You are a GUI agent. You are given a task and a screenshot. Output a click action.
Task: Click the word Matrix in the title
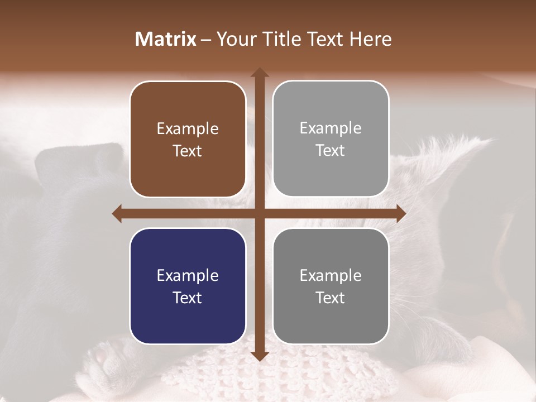point(166,39)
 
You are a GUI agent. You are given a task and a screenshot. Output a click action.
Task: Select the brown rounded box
point(188,139)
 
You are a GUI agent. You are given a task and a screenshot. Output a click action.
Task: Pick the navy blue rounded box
point(188,286)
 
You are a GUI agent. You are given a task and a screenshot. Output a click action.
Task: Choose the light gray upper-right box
point(331,138)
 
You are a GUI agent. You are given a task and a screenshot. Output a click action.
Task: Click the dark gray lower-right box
point(331,286)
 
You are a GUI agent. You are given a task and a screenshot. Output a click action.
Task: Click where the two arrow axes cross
point(259,213)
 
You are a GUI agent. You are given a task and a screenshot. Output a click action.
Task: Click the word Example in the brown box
point(188,129)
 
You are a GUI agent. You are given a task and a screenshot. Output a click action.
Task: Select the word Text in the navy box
point(188,298)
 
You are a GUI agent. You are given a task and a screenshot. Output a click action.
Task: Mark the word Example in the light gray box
point(331,128)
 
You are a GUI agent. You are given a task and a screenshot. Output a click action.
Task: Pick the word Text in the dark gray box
point(331,298)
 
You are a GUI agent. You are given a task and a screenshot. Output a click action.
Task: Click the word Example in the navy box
point(188,276)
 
